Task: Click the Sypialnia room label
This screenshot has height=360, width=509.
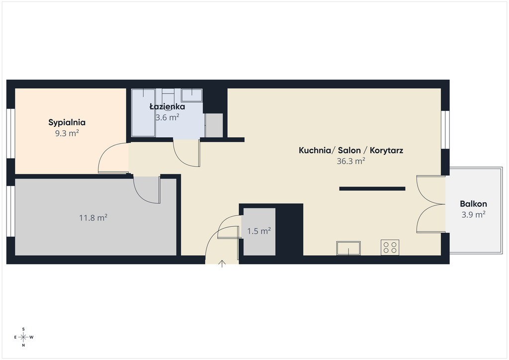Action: (67, 123)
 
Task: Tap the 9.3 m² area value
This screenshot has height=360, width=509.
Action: (67, 133)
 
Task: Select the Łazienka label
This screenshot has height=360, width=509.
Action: (167, 106)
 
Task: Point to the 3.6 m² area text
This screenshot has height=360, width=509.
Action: (167, 117)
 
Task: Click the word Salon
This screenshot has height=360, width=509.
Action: (349, 150)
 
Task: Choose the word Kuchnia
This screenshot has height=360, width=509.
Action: (314, 150)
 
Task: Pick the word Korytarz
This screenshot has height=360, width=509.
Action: (386, 151)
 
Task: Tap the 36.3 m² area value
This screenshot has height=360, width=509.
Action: (350, 161)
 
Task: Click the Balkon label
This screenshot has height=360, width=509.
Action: (473, 204)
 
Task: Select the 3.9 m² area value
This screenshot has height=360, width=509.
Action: (473, 215)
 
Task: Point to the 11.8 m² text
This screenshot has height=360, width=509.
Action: (93, 217)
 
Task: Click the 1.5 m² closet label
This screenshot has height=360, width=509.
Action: (258, 231)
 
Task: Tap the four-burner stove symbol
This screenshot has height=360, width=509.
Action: (390, 247)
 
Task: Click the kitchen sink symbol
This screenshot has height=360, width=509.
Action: (348, 248)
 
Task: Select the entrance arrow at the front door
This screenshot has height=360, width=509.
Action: (222, 264)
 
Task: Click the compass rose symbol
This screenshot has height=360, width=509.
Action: (23, 337)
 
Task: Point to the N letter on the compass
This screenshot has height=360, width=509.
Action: (23, 346)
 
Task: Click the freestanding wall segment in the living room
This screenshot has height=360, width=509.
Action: (372, 188)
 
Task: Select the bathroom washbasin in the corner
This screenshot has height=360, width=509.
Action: (191, 95)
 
